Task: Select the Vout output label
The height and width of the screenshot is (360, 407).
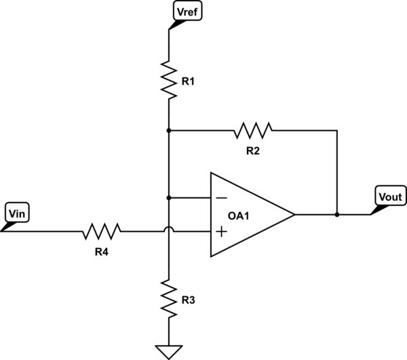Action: pyautogui.click(x=390, y=197)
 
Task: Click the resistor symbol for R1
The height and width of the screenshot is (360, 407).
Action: pyautogui.click(x=168, y=79)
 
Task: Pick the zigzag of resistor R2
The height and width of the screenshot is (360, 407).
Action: pyautogui.click(x=252, y=129)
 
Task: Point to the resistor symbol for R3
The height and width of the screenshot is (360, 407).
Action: pyautogui.click(x=168, y=298)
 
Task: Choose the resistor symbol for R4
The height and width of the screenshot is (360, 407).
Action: pyautogui.click(x=102, y=232)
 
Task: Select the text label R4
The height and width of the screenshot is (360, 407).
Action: pyautogui.click(x=102, y=249)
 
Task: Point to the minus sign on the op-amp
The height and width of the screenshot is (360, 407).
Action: pyautogui.click(x=221, y=198)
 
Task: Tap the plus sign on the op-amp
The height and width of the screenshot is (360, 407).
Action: pyautogui.click(x=221, y=232)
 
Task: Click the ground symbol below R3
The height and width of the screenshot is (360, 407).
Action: pyautogui.click(x=168, y=351)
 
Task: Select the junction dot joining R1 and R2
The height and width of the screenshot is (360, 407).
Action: pyautogui.click(x=168, y=129)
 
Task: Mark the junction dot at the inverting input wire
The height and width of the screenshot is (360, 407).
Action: pyautogui.click(x=168, y=198)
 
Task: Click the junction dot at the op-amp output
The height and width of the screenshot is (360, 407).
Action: pyautogui.click(x=337, y=215)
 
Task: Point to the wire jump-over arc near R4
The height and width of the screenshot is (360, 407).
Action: pyautogui.click(x=168, y=231)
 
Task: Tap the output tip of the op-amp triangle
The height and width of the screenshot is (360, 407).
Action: pyautogui.click(x=294, y=215)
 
